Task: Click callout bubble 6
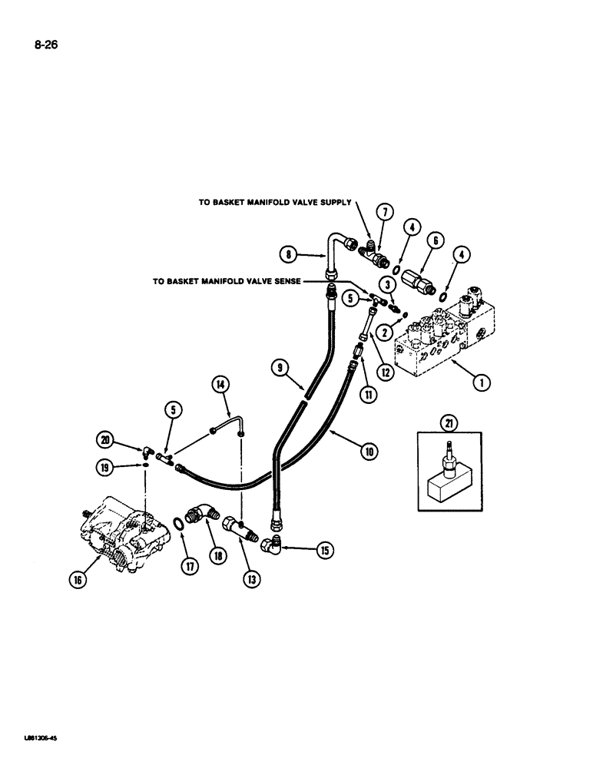435,240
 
